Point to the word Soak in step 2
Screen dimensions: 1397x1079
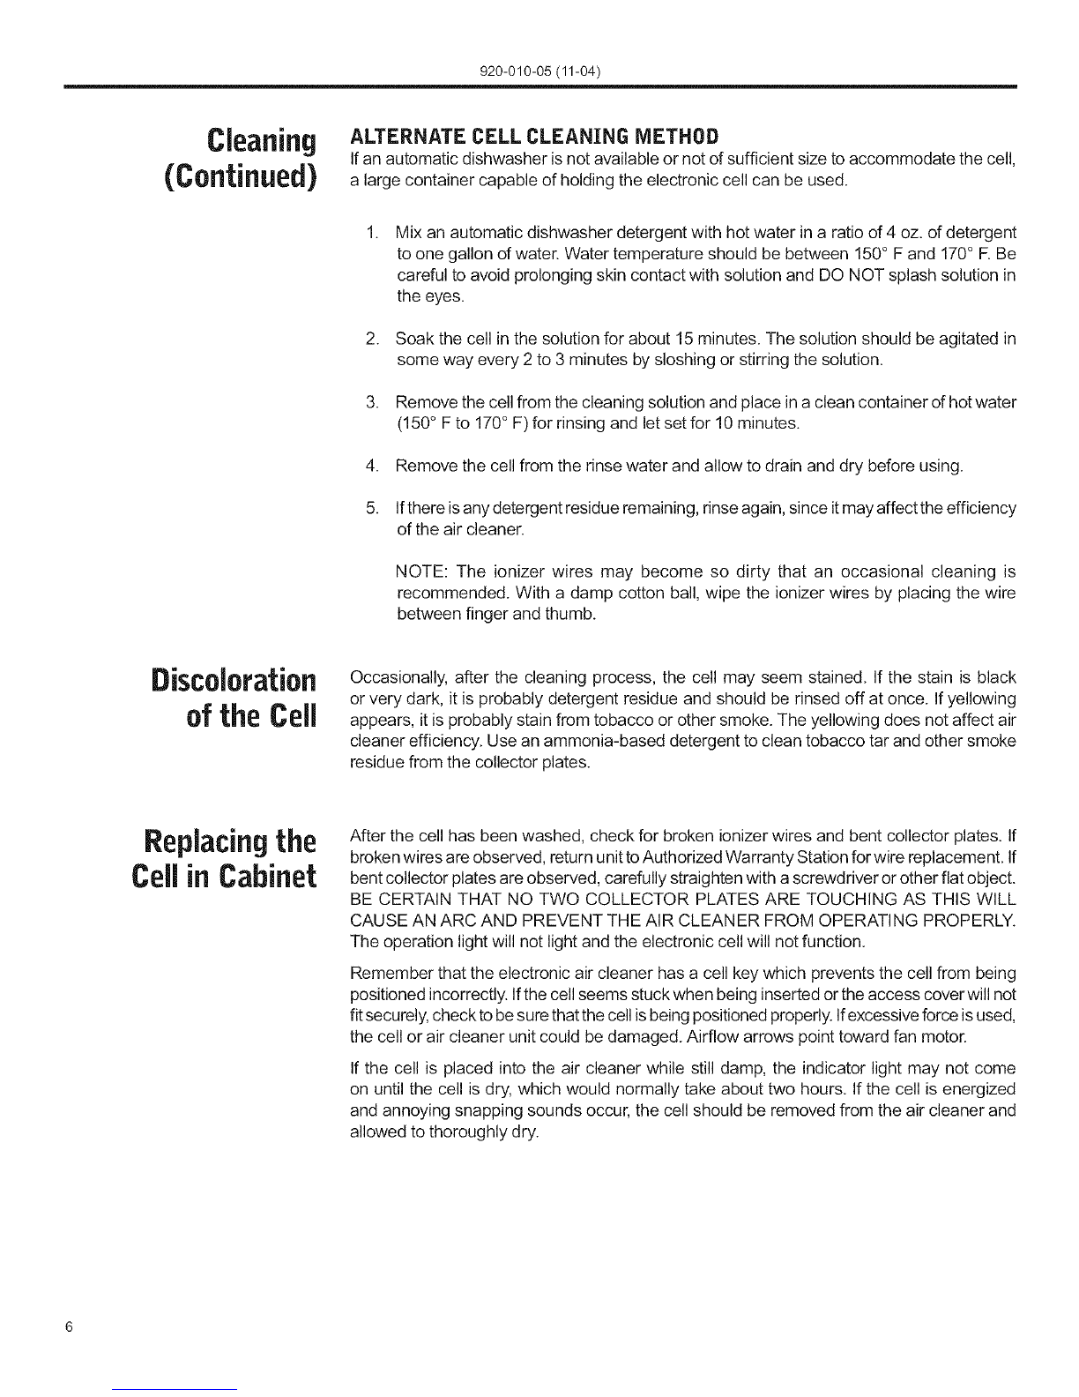pyautogui.click(x=412, y=340)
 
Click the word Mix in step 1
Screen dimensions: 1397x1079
pyautogui.click(x=408, y=233)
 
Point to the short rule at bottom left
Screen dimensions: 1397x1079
pyautogui.click(x=175, y=1390)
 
